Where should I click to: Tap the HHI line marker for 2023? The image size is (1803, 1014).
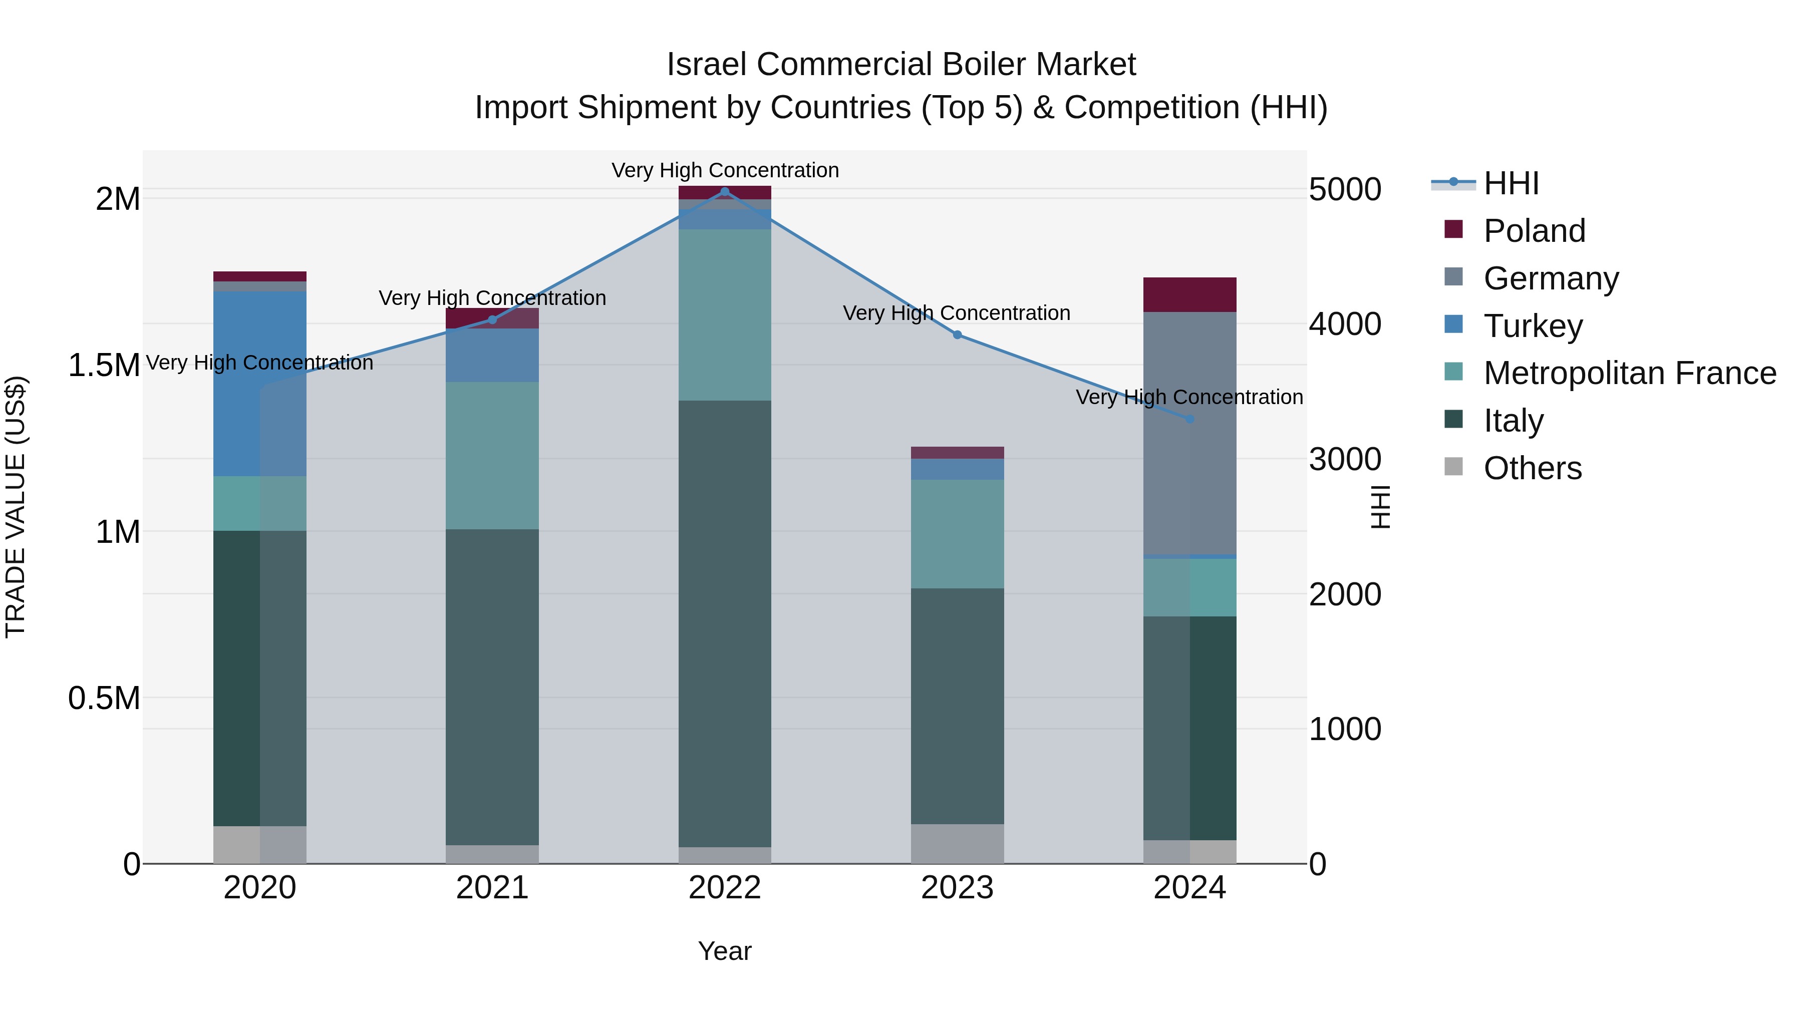(x=958, y=334)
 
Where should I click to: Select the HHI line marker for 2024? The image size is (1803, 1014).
(x=1190, y=419)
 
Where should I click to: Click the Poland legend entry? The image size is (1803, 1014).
(x=1534, y=231)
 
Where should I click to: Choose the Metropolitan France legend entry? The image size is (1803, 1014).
(x=1629, y=373)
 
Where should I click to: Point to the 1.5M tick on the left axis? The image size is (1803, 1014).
(x=104, y=366)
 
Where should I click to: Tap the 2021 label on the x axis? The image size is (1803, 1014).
(x=492, y=888)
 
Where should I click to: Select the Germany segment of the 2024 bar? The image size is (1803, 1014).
(x=1190, y=434)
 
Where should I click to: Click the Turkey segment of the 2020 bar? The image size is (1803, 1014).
(x=259, y=384)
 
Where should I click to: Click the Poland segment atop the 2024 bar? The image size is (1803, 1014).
(x=1190, y=294)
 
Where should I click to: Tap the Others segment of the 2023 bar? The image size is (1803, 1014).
(x=958, y=843)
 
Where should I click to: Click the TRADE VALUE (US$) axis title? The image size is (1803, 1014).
(x=16, y=507)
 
